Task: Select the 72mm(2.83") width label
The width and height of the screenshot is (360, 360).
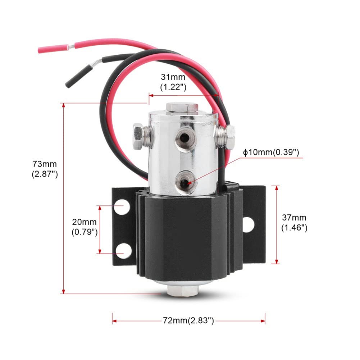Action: point(188,320)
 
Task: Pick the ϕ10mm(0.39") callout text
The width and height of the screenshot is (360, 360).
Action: point(271,152)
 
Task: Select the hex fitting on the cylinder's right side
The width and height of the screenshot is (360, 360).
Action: point(225,137)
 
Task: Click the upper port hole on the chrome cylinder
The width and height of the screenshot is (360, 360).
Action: point(184,138)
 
